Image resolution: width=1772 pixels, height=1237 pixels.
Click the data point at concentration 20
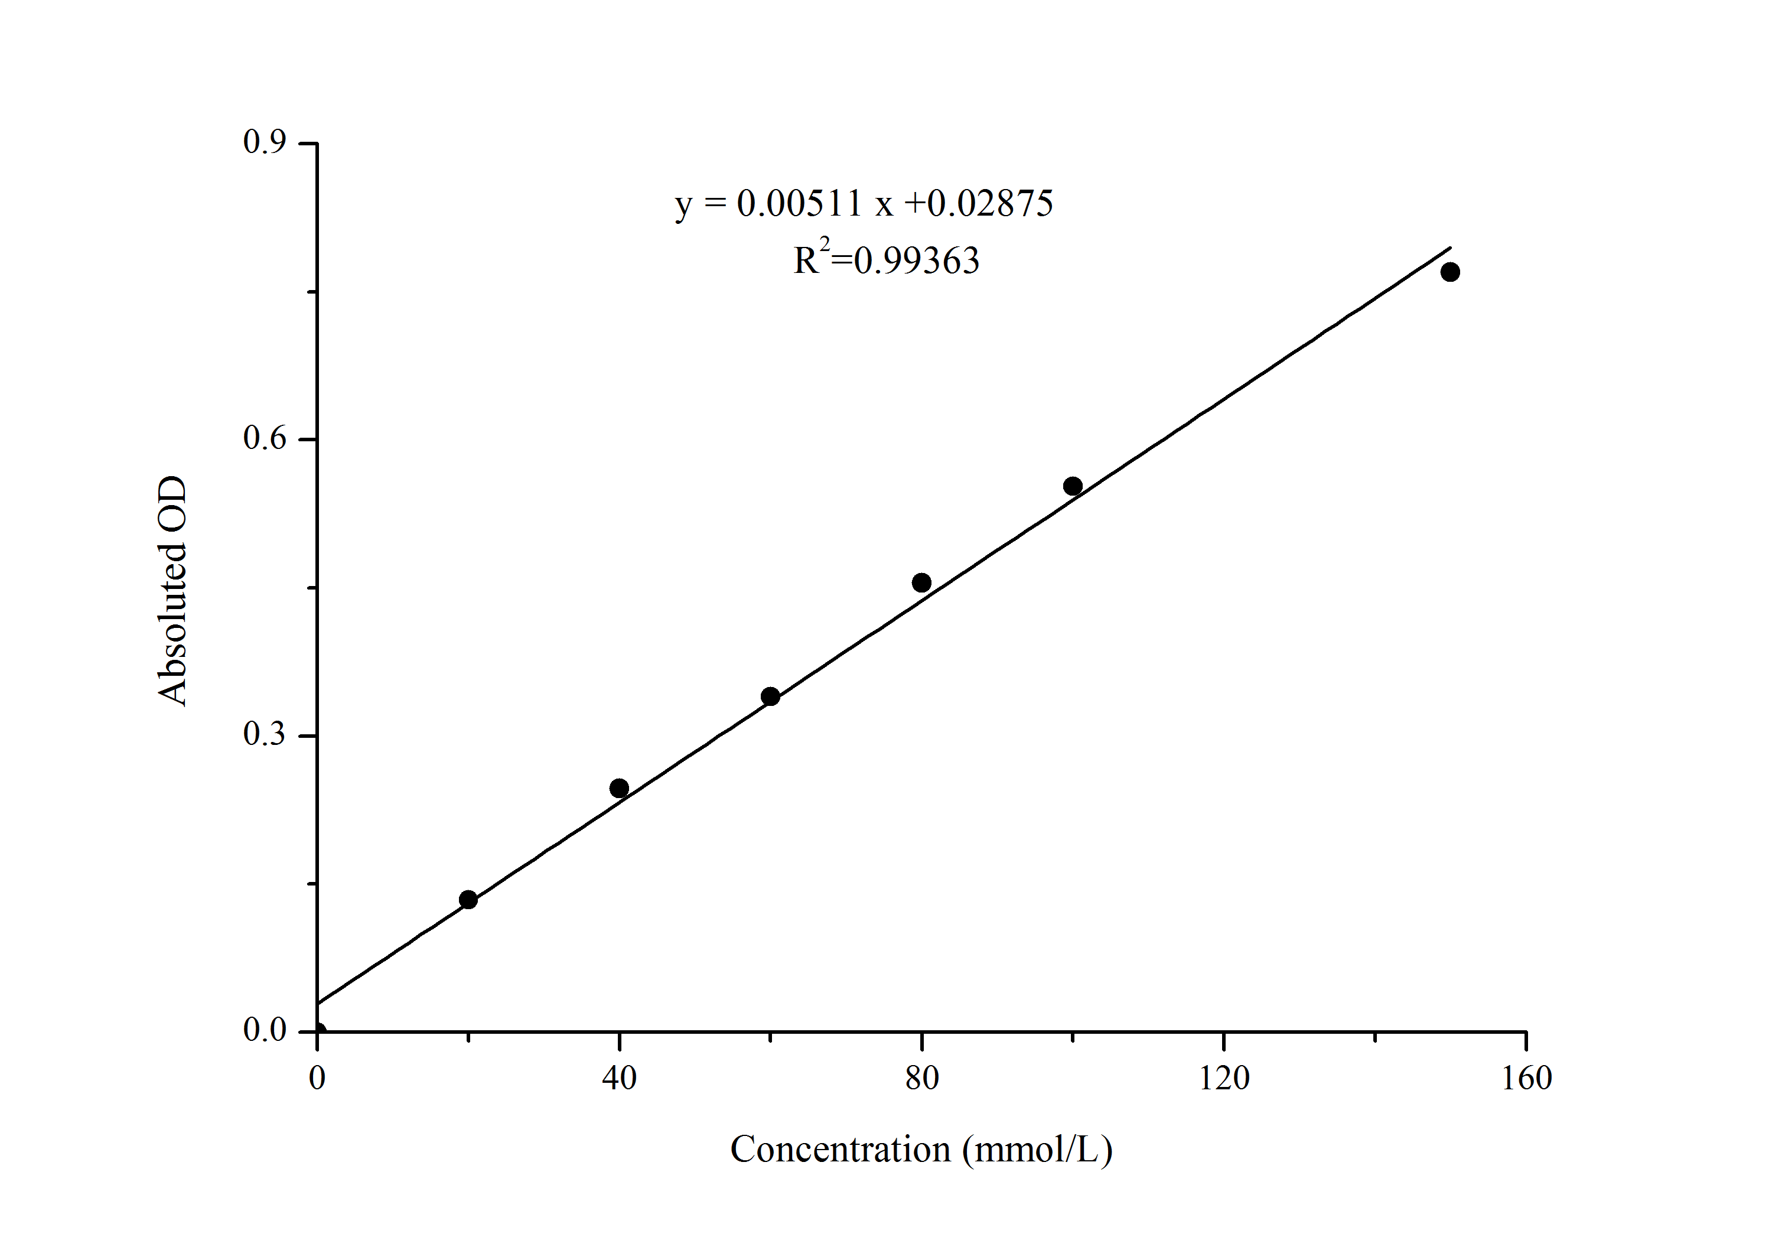[468, 899]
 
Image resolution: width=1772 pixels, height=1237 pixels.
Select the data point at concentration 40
[619, 788]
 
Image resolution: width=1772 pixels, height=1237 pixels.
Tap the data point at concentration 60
[770, 696]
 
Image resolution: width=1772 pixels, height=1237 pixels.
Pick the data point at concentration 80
[921, 582]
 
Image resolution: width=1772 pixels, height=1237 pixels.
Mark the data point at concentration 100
[1073, 486]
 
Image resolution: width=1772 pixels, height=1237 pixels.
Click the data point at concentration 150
[1450, 272]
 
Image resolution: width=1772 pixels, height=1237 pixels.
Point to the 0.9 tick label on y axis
[264, 142]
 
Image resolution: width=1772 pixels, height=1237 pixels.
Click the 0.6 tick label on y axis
[264, 438]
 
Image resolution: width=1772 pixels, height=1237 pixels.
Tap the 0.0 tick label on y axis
[264, 1030]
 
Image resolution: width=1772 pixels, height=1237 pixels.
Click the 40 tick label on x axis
[619, 1078]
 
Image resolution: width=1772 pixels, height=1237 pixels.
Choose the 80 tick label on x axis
[921, 1078]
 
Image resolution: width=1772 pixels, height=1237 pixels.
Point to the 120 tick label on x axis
[1224, 1078]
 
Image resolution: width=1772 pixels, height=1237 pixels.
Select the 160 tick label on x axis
[1526, 1078]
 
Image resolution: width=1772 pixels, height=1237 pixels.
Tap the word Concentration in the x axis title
[840, 1149]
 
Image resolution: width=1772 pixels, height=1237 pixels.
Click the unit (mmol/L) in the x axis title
[1037, 1150]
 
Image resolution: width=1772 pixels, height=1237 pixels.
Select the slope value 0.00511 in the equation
[799, 204]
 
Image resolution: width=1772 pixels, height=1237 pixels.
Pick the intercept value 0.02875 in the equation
[989, 204]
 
